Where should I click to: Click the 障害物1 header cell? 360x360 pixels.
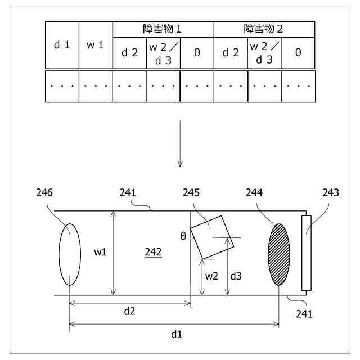(x=163, y=29)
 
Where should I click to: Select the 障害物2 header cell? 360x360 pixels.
(x=264, y=29)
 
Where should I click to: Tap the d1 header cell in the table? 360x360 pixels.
(x=62, y=45)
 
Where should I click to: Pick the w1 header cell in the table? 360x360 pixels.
(x=96, y=45)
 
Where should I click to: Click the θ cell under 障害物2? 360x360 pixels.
(x=298, y=53)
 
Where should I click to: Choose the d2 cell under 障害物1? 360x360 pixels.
(x=129, y=53)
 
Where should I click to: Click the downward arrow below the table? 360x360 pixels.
(x=180, y=143)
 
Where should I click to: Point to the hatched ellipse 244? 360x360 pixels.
(x=280, y=254)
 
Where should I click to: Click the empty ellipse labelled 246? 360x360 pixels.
(x=69, y=254)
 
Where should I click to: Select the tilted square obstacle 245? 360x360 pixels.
(x=212, y=237)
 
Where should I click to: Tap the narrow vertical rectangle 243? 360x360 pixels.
(x=307, y=253)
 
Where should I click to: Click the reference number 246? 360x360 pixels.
(x=44, y=193)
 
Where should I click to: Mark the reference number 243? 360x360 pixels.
(x=331, y=193)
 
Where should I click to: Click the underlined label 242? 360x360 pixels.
(x=153, y=253)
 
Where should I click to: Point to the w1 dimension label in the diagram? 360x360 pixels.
(x=101, y=253)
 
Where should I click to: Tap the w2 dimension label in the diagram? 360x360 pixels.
(x=211, y=276)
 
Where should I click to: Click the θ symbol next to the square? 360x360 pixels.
(x=183, y=236)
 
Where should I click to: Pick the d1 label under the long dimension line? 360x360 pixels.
(x=177, y=334)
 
